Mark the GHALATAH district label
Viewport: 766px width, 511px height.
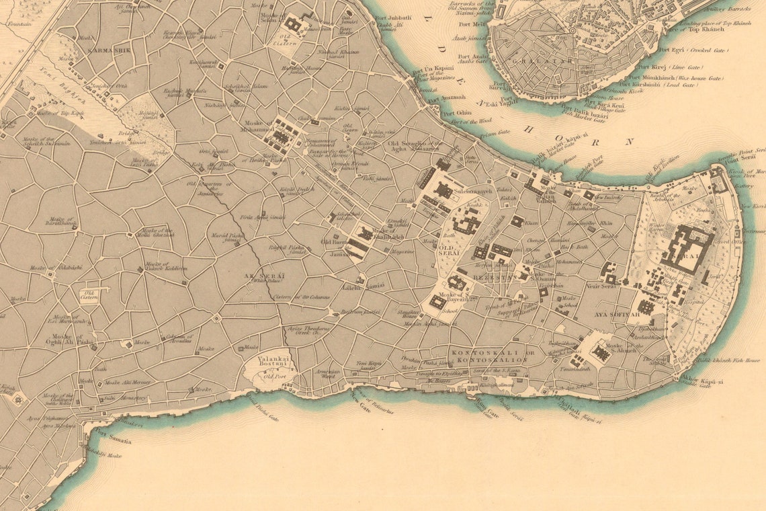(554, 61)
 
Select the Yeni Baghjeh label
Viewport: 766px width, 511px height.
(52, 69)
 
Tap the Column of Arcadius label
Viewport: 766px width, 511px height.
(179, 338)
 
